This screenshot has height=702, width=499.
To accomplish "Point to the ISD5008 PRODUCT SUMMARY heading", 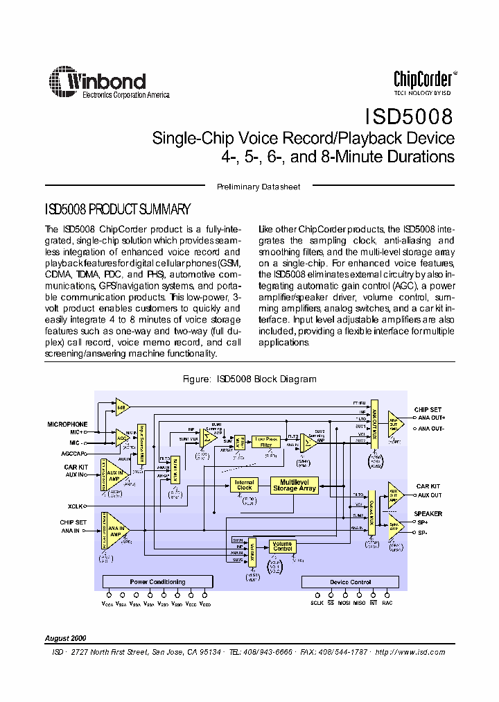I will tap(117, 209).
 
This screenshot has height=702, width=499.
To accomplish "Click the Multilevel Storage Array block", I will tap(294, 485).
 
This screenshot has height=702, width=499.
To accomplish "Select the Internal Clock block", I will tap(244, 485).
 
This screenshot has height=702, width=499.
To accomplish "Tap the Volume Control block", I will tap(282, 545).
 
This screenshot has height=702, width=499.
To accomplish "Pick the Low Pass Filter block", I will tap(265, 440).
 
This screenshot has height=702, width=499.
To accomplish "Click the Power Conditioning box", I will tap(157, 582).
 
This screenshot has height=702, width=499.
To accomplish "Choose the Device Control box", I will tap(351, 582).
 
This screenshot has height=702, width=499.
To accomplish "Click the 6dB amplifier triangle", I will tap(122, 406).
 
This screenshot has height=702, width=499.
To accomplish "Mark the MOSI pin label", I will tap(344, 603).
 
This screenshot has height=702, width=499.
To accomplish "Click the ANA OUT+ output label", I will tap(431, 418).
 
